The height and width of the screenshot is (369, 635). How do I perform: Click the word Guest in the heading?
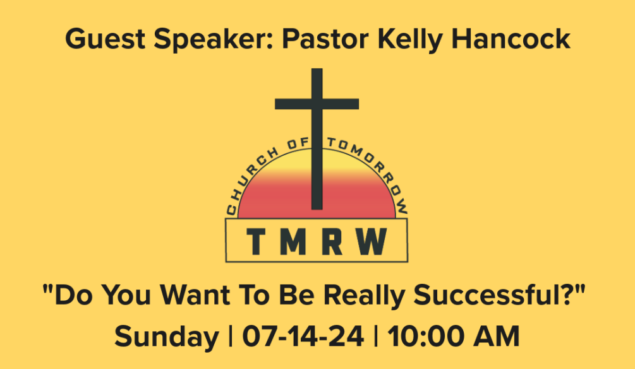pos(105,39)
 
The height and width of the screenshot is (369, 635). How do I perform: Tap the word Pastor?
pos(325,40)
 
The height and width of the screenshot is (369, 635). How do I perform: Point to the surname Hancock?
pos(511,39)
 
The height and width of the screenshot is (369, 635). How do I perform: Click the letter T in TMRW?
pos(256,242)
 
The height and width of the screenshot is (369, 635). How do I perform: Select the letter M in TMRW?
pos(293,242)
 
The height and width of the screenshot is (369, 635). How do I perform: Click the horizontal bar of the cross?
pos(317,104)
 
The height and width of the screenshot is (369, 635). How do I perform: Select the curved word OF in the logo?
pos(297,144)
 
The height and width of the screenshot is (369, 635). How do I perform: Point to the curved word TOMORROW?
pos(370,172)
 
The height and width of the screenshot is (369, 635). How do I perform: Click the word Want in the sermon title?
pos(195,295)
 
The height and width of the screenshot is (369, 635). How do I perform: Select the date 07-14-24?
pos(303,336)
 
